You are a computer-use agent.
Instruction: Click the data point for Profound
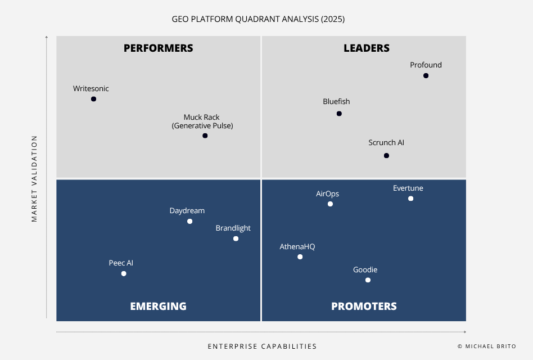click(426, 75)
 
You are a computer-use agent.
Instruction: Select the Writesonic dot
click(93, 99)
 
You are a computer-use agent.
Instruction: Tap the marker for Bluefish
click(339, 114)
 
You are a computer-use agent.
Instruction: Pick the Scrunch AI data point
click(386, 156)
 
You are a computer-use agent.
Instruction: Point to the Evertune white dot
click(410, 199)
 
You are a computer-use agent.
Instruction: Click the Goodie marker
click(368, 280)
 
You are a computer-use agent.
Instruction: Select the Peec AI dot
click(124, 274)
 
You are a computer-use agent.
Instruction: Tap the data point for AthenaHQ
click(300, 257)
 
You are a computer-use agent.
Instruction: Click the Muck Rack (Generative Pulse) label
click(202, 121)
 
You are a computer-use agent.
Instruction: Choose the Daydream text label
click(187, 211)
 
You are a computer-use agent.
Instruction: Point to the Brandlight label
click(233, 228)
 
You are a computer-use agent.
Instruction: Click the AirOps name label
click(327, 194)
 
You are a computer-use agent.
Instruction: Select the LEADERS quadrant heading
click(367, 48)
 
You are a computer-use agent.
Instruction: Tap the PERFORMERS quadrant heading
click(158, 48)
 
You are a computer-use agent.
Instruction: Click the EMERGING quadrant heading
click(158, 307)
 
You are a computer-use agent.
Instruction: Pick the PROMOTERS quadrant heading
click(364, 307)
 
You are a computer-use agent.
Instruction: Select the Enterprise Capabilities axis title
click(262, 346)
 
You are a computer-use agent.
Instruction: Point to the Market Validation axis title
click(34, 178)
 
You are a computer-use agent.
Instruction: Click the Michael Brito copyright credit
click(486, 346)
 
